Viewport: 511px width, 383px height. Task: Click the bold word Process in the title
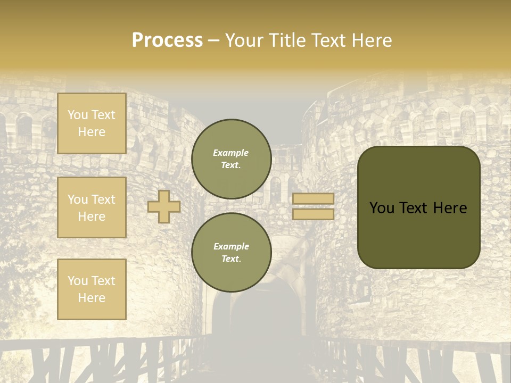pos(167,40)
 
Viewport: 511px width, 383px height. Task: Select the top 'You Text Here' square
pos(92,123)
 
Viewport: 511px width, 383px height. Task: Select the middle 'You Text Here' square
pos(92,207)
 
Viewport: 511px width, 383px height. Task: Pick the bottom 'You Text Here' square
pos(92,289)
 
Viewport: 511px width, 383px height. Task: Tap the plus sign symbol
pos(164,206)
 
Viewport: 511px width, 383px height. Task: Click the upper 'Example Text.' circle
pos(232,159)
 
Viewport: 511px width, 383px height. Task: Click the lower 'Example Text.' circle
pos(232,252)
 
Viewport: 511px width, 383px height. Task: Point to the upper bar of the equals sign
pos(314,199)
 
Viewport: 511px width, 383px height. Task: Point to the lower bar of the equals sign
pos(314,214)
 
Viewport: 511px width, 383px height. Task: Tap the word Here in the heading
pos(371,40)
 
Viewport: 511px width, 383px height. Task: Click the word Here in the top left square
pos(92,132)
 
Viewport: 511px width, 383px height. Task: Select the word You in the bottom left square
pos(78,281)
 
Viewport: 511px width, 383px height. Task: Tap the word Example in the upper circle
pos(230,153)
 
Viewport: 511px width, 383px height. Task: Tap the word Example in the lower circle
pos(231,246)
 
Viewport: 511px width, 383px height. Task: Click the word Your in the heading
pos(243,40)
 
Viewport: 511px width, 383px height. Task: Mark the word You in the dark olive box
pos(382,208)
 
